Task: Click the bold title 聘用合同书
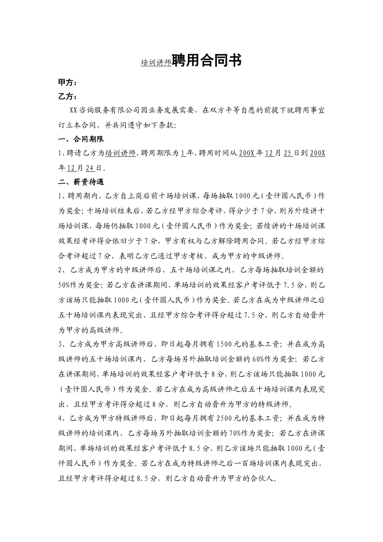(x=207, y=60)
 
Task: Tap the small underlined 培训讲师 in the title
(x=156, y=63)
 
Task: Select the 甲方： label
(x=67, y=82)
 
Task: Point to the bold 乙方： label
(x=67, y=96)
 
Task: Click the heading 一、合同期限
(x=81, y=139)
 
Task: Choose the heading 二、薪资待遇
(x=81, y=182)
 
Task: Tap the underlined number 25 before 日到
(x=287, y=153)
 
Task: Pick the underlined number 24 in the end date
(x=90, y=168)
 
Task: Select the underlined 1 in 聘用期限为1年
(x=183, y=153)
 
